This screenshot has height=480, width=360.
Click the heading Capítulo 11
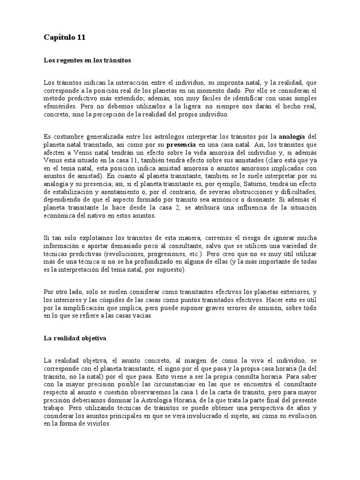pos(65,37)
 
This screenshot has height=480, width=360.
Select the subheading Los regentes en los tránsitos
pos(87,61)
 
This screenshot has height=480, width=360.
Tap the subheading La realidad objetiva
pos(75,338)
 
